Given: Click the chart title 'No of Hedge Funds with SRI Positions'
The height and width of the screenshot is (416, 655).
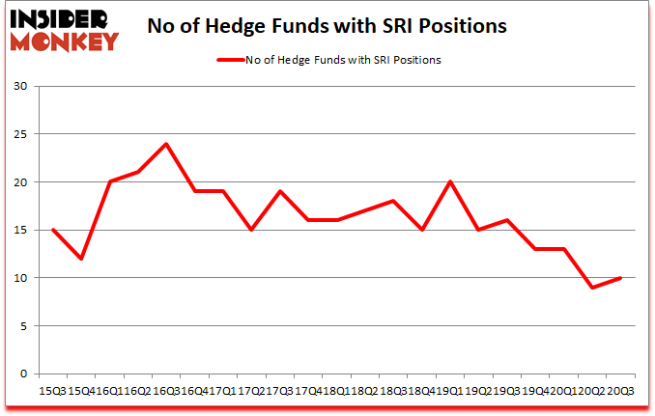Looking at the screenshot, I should click(x=327, y=26).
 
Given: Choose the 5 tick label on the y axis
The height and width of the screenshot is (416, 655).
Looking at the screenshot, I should click(x=24, y=325).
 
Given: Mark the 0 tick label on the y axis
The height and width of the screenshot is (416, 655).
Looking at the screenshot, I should click(x=24, y=374).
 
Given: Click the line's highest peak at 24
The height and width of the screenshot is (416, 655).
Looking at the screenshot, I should click(x=166, y=144).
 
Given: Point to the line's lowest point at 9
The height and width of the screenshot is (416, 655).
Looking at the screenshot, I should click(x=592, y=288).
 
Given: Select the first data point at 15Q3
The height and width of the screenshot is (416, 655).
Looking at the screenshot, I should click(x=53, y=230).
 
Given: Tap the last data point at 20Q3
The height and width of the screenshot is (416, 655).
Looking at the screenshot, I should click(x=620, y=278).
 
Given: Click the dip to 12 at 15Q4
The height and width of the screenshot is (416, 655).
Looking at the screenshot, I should click(x=81, y=259).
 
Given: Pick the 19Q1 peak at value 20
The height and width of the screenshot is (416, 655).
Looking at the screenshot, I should click(x=450, y=182).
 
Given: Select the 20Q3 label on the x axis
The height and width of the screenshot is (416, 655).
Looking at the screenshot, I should click(x=620, y=392).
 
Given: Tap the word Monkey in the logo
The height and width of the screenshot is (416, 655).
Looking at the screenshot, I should click(x=65, y=40).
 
